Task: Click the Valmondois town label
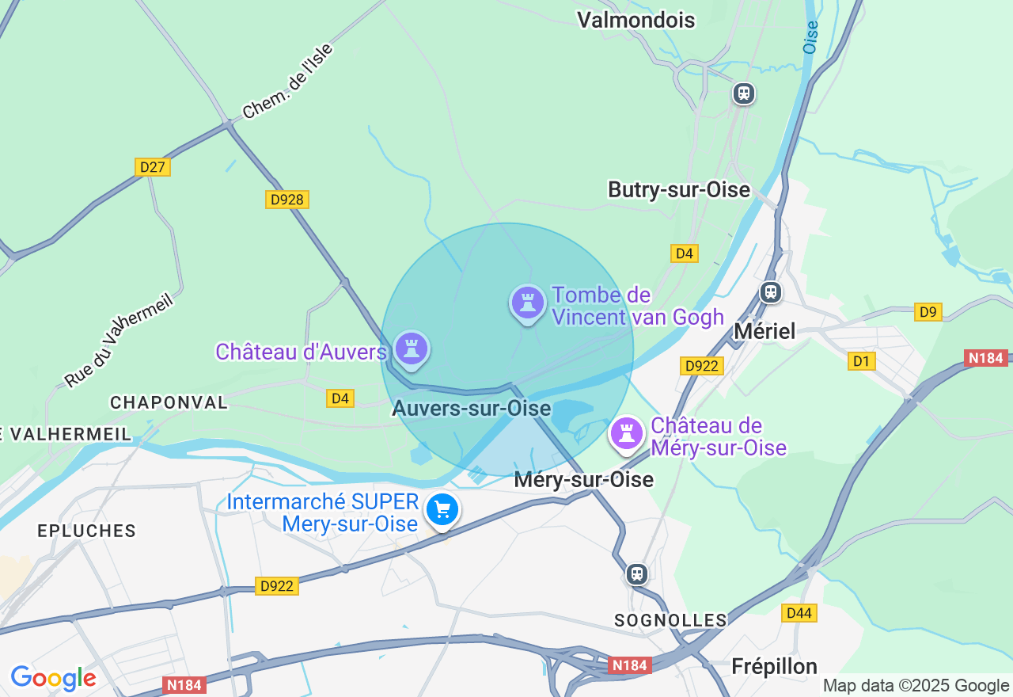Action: coord(635,20)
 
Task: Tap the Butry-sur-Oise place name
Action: coord(678,190)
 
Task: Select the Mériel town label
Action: coord(764,331)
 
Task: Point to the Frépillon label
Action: coord(774,666)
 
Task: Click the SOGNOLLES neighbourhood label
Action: coord(670,620)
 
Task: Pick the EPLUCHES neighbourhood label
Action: coord(86,531)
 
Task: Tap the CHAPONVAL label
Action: coord(169,402)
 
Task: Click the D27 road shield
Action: coord(152,167)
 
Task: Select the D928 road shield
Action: coord(286,200)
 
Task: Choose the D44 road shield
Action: coord(799,612)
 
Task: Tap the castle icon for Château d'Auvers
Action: coord(411,348)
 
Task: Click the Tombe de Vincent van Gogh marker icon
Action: coord(527,303)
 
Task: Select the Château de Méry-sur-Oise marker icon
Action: coord(627,433)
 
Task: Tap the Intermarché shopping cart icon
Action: coord(442,510)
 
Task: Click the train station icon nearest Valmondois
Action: coord(743,93)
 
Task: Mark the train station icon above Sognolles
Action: coord(637,573)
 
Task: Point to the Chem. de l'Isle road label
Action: coord(288,82)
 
